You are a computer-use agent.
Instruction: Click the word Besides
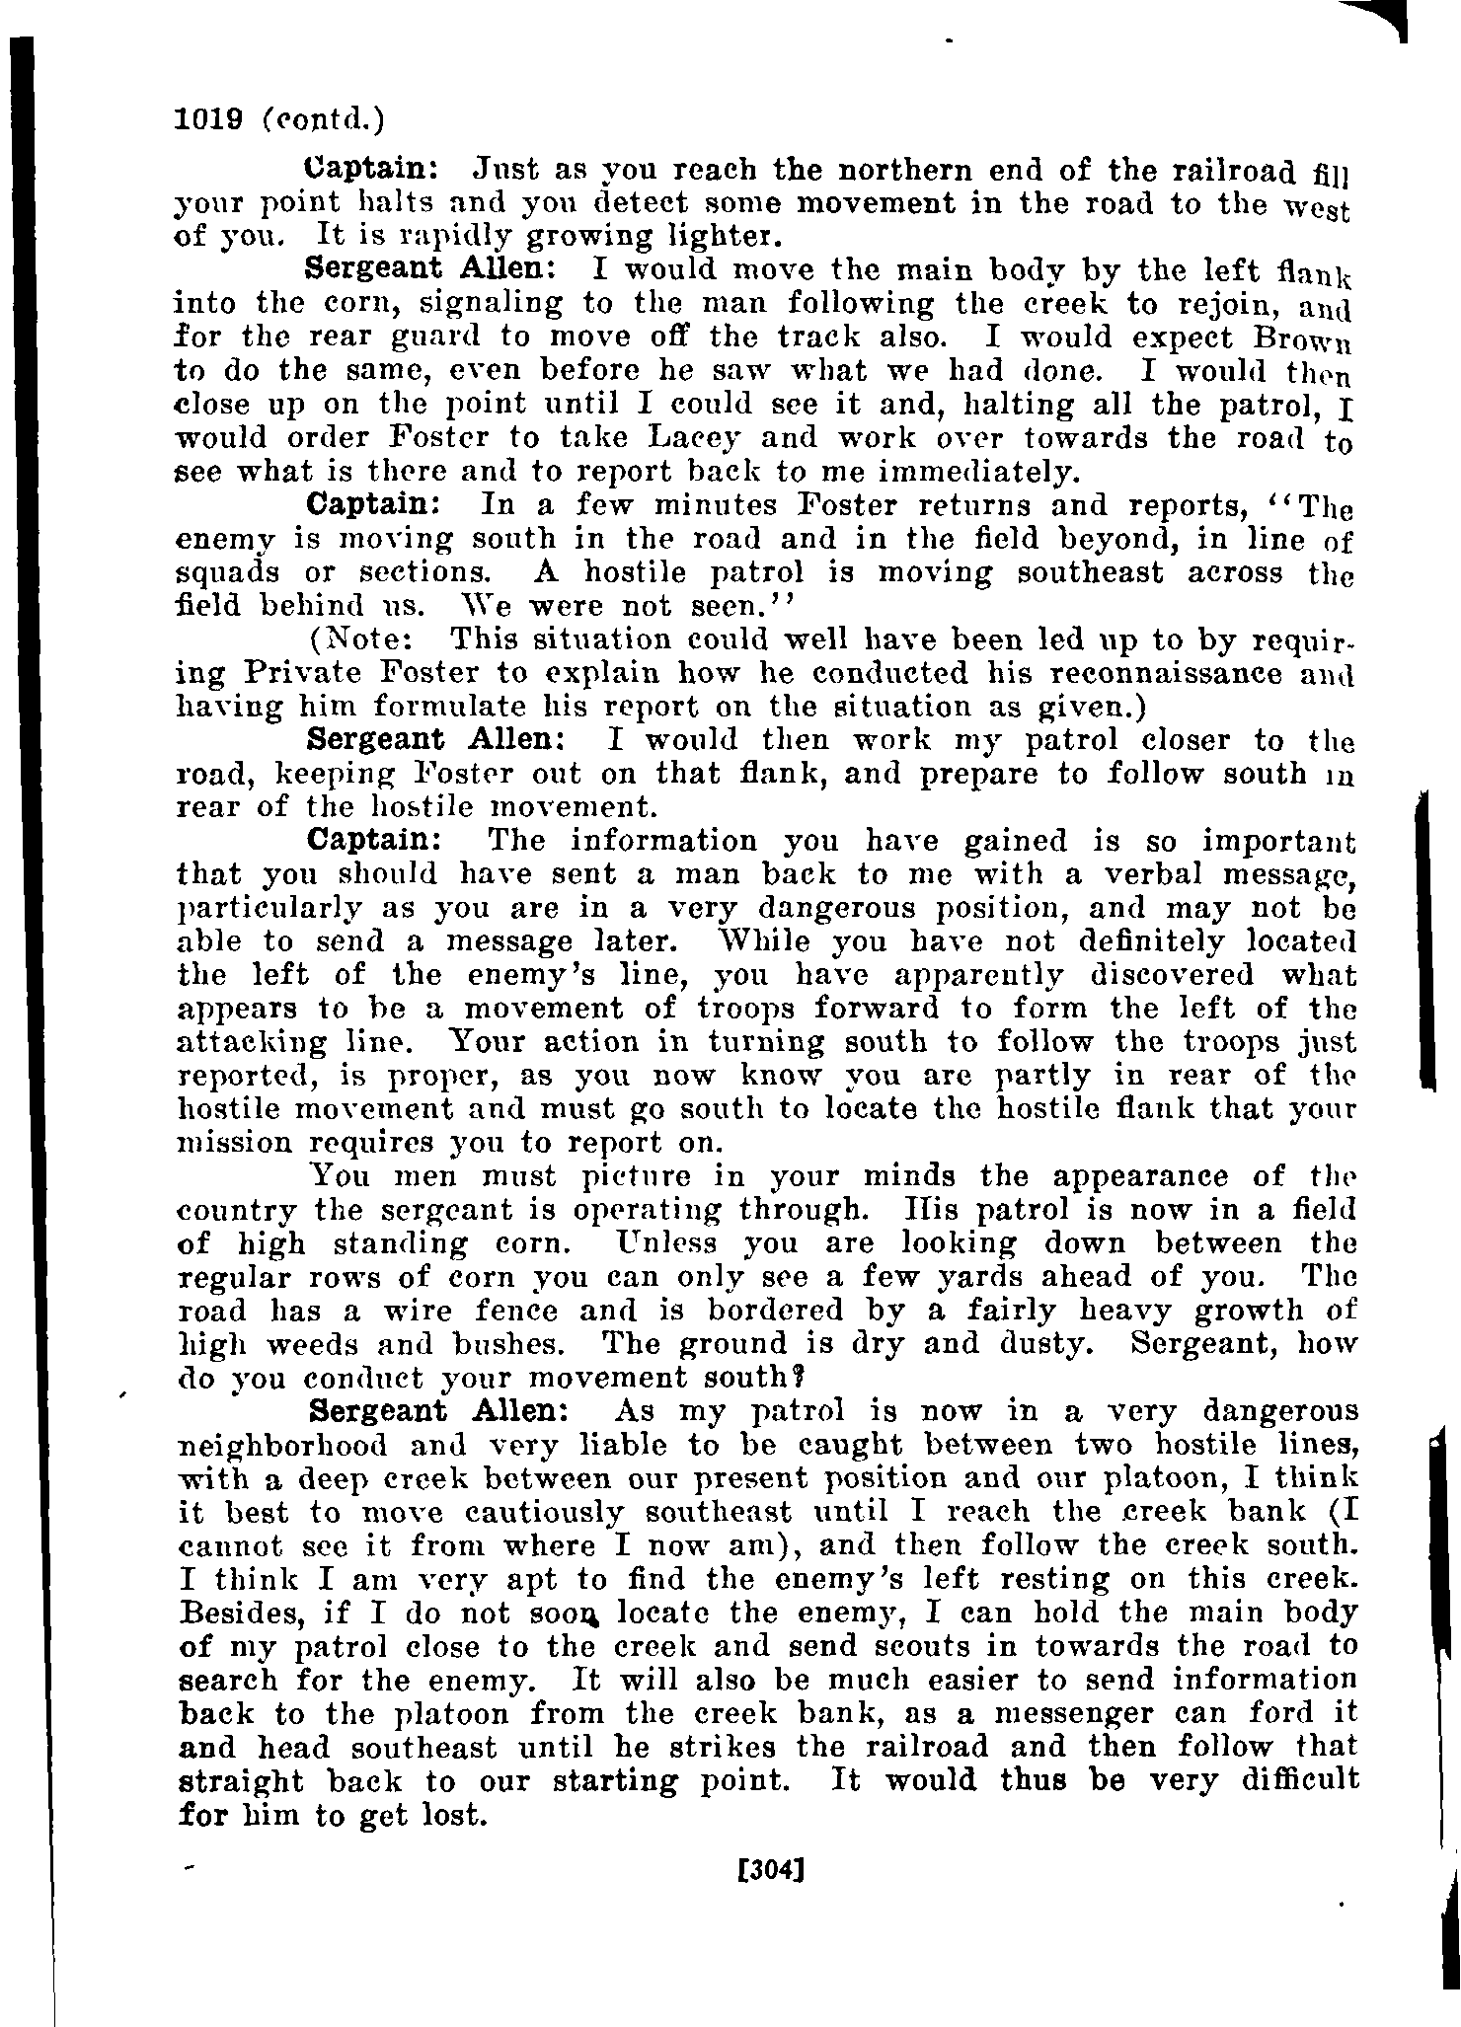pyautogui.click(x=244, y=1614)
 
